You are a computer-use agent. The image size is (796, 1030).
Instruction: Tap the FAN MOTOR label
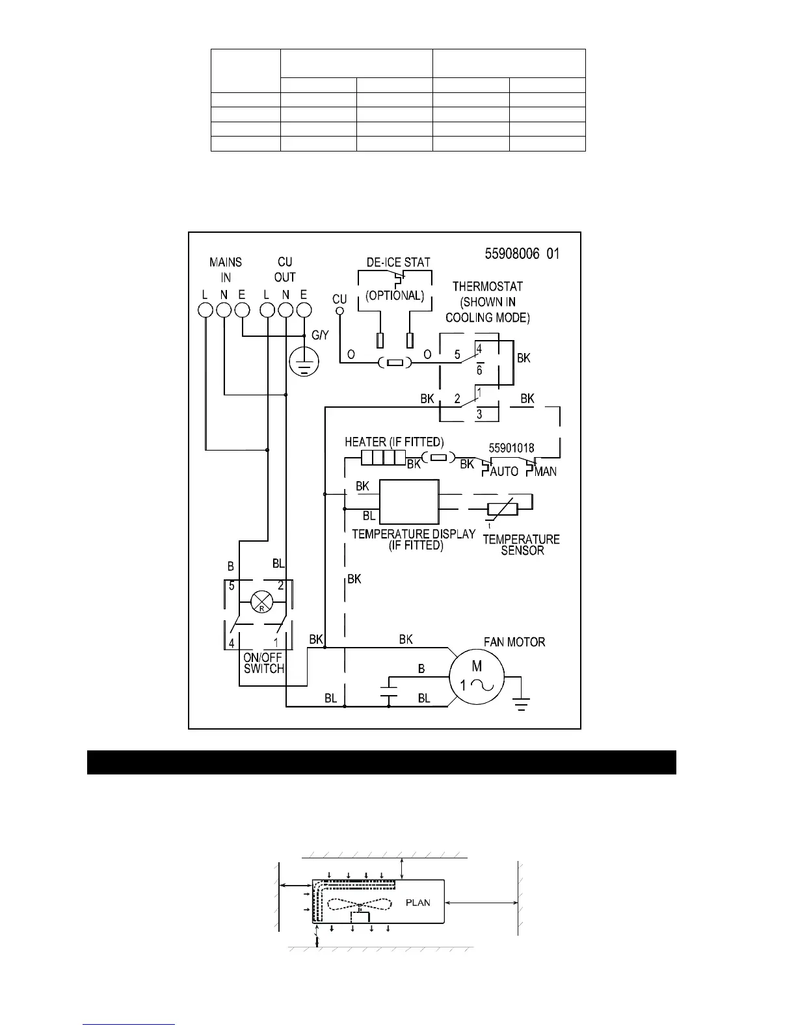(x=514, y=642)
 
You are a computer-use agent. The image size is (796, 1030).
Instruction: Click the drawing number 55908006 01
(x=522, y=254)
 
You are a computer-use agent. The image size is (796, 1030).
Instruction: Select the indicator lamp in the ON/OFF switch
(x=260, y=603)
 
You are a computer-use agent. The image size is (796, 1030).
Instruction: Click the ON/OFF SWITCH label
(x=263, y=663)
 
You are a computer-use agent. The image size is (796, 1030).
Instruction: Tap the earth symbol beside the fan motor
(x=520, y=702)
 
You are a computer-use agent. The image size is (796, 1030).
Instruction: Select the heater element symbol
(x=378, y=457)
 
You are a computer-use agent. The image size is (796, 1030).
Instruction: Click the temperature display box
(x=409, y=502)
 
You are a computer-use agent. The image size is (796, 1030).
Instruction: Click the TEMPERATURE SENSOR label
(x=522, y=544)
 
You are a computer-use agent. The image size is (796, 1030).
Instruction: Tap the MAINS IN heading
(x=226, y=269)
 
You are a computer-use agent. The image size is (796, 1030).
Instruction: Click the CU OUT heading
(x=285, y=269)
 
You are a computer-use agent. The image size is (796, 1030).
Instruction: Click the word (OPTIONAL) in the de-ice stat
(x=395, y=295)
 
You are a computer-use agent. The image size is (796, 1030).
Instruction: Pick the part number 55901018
(x=511, y=448)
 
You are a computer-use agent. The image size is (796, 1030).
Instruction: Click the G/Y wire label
(x=321, y=336)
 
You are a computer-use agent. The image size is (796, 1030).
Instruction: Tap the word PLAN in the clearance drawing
(x=418, y=903)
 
